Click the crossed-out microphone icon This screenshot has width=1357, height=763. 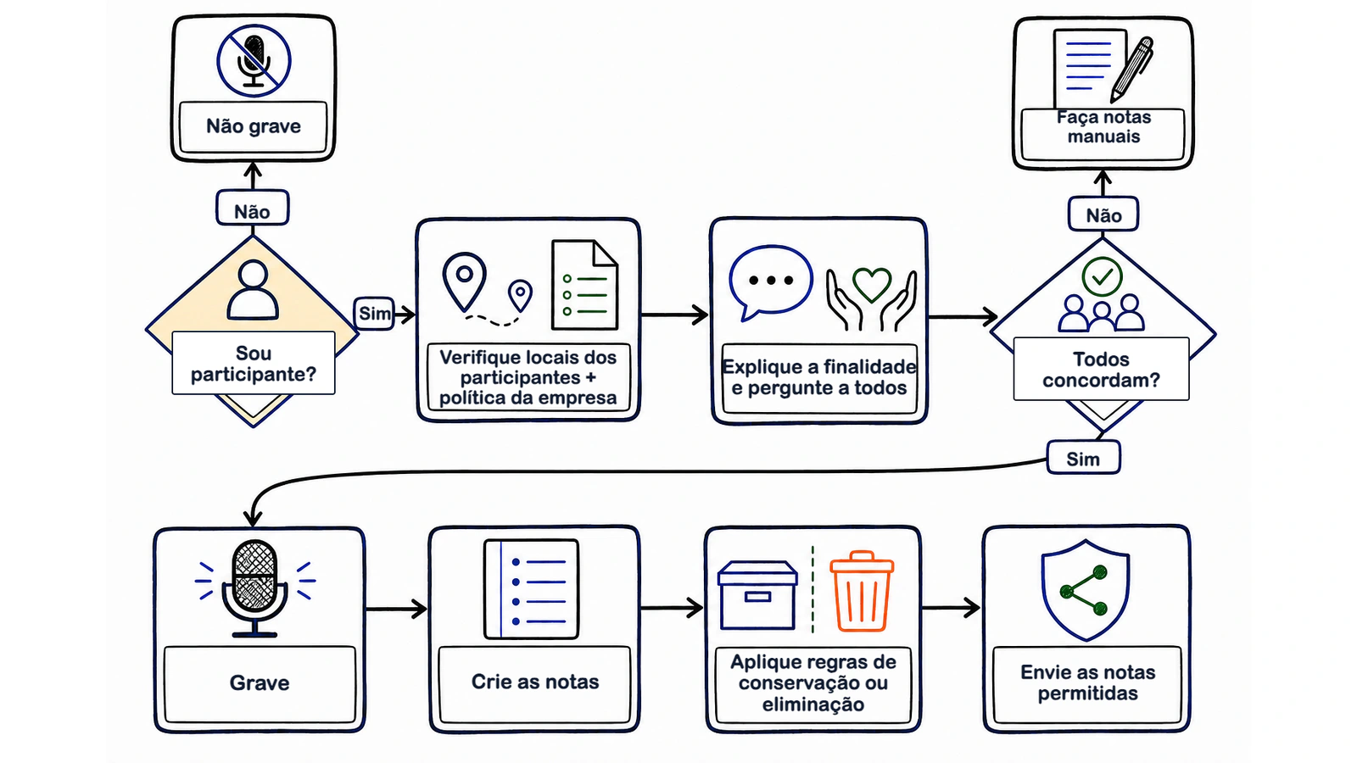coord(254,60)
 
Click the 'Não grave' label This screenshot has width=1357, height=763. coord(254,126)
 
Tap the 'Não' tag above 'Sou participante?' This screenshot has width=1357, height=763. coord(252,209)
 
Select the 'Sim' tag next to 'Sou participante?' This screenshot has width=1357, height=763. coord(374,313)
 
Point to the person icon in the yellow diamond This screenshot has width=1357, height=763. coord(254,289)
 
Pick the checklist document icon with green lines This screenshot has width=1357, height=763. coord(584,285)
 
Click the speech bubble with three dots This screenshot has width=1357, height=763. coord(771,282)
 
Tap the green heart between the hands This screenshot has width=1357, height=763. coord(872,283)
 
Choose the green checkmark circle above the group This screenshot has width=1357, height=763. coord(1102,276)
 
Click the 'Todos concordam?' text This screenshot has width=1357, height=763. coord(1101,370)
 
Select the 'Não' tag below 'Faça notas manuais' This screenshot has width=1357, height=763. coord(1103,214)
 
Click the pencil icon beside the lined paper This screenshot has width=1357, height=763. coord(1131,70)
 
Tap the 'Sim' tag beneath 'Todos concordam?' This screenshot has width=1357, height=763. coord(1083,458)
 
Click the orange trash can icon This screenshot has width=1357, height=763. coord(862,591)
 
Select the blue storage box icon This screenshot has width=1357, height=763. coord(757,595)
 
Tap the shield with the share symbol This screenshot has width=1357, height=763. coord(1086,590)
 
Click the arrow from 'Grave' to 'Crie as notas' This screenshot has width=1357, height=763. coord(396,608)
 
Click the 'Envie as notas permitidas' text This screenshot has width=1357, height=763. coord(1087,682)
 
